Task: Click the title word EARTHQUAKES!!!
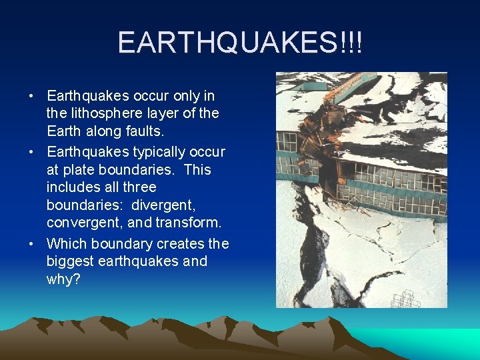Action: click(240, 43)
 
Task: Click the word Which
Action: click(65, 243)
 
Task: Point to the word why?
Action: click(63, 279)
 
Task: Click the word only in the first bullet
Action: click(181, 96)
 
